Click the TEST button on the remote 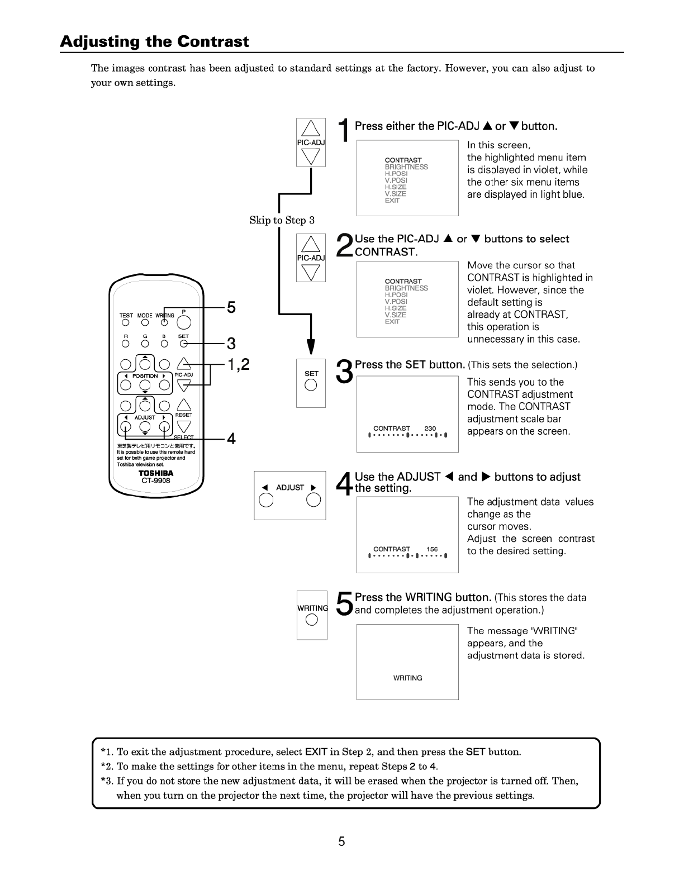pyautogui.click(x=126, y=322)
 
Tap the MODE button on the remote pyautogui.click(x=145, y=322)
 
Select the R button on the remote pyautogui.click(x=126, y=344)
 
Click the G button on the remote pyautogui.click(x=145, y=344)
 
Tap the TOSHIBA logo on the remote pyautogui.click(x=156, y=473)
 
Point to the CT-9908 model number pyautogui.click(x=156, y=480)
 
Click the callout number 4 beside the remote pyautogui.click(x=231, y=439)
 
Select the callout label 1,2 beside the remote pyautogui.click(x=238, y=365)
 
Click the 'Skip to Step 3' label pyautogui.click(x=282, y=220)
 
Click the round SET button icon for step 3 pyautogui.click(x=311, y=384)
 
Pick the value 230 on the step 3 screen pyautogui.click(x=430, y=429)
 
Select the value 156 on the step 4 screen pyautogui.click(x=432, y=549)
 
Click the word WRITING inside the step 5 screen pyautogui.click(x=407, y=678)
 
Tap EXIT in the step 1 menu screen pyautogui.click(x=392, y=201)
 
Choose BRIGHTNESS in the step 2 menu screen pyautogui.click(x=406, y=288)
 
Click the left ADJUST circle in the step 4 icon pyautogui.click(x=265, y=499)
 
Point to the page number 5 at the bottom pyautogui.click(x=341, y=842)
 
